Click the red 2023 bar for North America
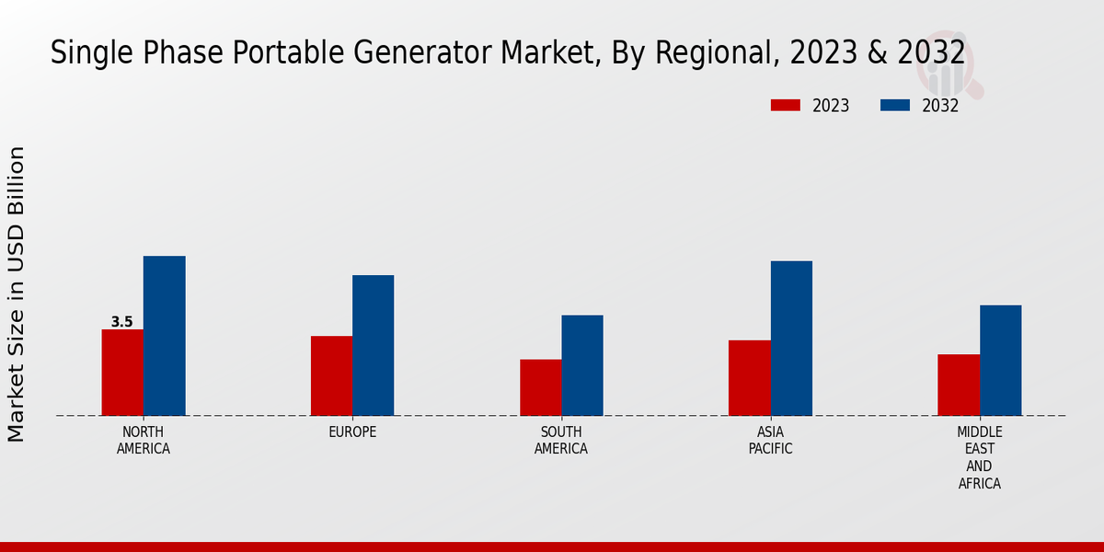(x=122, y=373)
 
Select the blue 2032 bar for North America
(x=165, y=336)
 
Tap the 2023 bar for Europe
(x=331, y=375)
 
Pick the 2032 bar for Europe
(x=374, y=345)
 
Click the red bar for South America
(x=541, y=387)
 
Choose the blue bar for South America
(x=582, y=365)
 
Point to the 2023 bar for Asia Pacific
(x=750, y=378)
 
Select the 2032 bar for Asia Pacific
(x=791, y=339)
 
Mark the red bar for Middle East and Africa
(x=959, y=385)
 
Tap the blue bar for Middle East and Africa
(x=1001, y=360)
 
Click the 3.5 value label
(x=122, y=322)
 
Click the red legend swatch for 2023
(x=785, y=106)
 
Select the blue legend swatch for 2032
(x=895, y=106)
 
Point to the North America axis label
(x=144, y=440)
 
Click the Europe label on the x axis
(x=352, y=431)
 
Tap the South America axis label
(x=561, y=440)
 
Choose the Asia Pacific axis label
(x=770, y=440)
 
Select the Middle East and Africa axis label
(x=980, y=457)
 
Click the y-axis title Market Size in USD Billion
(x=17, y=294)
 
